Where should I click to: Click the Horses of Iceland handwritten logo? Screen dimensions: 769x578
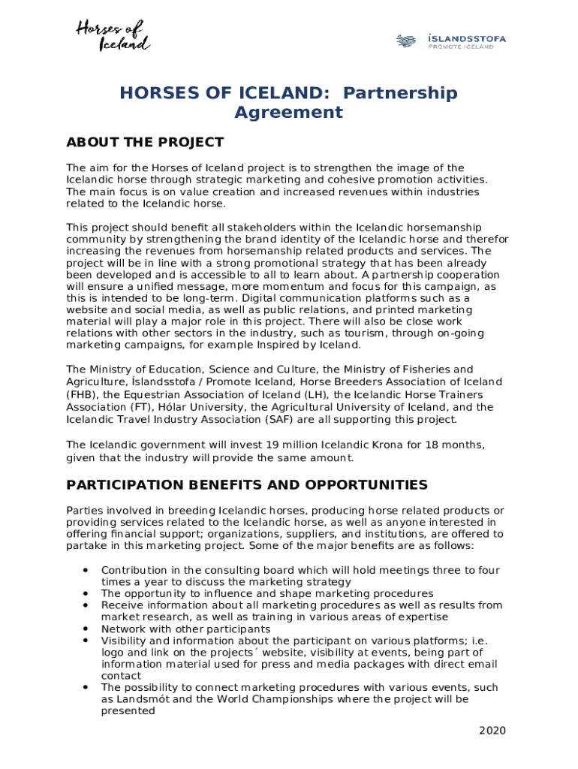[x=113, y=36]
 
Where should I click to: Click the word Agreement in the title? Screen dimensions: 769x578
[x=288, y=113]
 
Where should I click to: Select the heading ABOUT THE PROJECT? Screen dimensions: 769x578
[x=145, y=143]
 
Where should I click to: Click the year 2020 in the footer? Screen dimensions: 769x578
[x=492, y=731]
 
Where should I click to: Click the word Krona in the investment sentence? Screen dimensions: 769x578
[x=375, y=444]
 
